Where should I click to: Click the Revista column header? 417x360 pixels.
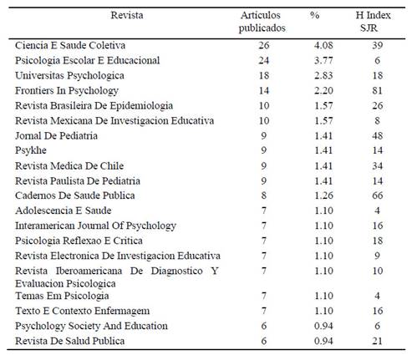pyautogui.click(x=127, y=15)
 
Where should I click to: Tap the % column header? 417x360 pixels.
pyautogui.click(x=314, y=15)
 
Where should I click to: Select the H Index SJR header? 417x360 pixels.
pyautogui.click(x=373, y=22)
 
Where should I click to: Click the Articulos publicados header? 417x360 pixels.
pyautogui.click(x=262, y=22)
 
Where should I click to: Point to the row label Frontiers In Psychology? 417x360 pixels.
pyautogui.click(x=67, y=91)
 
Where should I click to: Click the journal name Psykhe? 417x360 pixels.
pyautogui.click(x=31, y=150)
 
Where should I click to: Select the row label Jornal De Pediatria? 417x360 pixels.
pyautogui.click(x=56, y=136)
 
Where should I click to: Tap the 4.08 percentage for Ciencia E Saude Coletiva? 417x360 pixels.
pyautogui.click(x=323, y=45)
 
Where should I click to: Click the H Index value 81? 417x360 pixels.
pyautogui.click(x=377, y=90)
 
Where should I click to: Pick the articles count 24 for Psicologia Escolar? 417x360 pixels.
pyautogui.click(x=264, y=60)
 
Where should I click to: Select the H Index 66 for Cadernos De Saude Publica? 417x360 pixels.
pyautogui.click(x=378, y=195)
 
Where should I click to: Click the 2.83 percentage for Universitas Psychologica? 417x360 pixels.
pyautogui.click(x=323, y=75)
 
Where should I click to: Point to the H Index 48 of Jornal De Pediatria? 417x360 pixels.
pyautogui.click(x=378, y=135)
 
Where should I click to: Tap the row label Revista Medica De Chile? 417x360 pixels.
pyautogui.click(x=69, y=166)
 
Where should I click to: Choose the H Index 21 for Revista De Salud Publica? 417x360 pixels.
pyautogui.click(x=377, y=341)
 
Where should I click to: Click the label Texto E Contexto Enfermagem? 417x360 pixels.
pyautogui.click(x=83, y=311)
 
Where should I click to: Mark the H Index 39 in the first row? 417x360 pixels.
pyautogui.click(x=378, y=45)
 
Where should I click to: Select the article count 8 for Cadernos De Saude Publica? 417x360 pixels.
pyautogui.click(x=264, y=195)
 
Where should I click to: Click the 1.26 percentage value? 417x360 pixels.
pyautogui.click(x=323, y=195)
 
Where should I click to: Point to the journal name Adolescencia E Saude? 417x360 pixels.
pyautogui.click(x=64, y=210)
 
